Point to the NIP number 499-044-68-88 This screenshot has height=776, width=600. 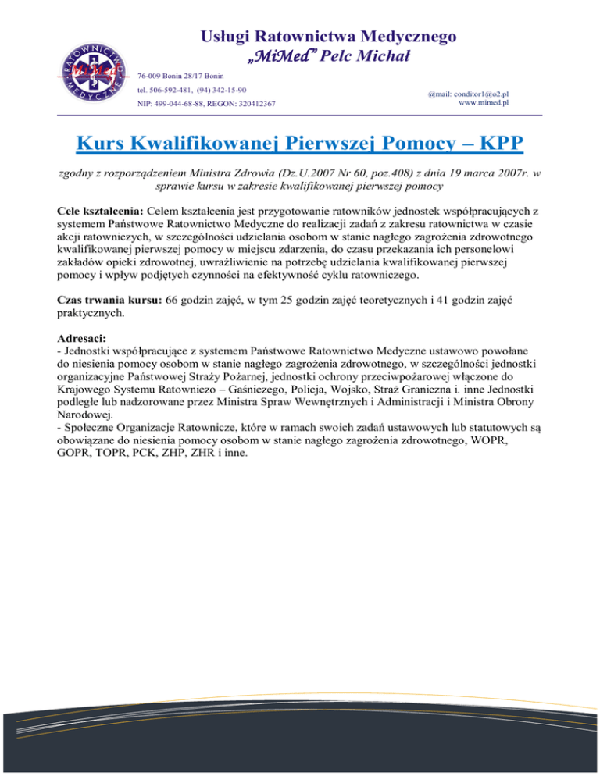pyautogui.click(x=184, y=103)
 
